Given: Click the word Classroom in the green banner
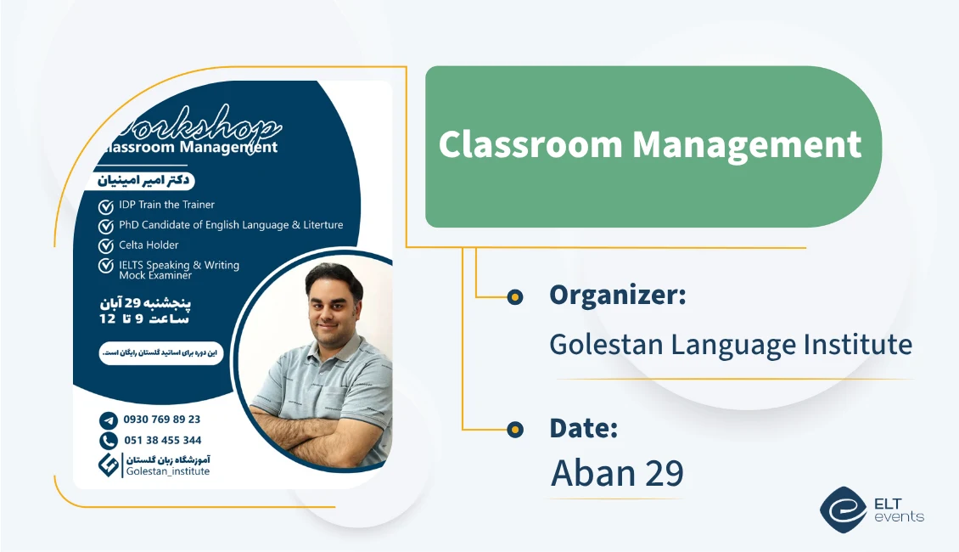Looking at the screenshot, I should [x=530, y=144].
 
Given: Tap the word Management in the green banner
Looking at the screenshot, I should [x=747, y=144].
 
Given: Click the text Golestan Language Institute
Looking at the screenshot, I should [x=731, y=344].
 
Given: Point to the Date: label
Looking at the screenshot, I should [x=583, y=428].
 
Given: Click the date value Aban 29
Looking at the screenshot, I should [x=617, y=473].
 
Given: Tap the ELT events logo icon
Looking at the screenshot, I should [x=844, y=509].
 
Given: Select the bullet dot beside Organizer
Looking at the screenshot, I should [x=514, y=296].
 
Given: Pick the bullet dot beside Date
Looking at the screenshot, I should [x=514, y=430].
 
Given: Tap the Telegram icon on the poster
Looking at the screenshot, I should [x=108, y=420].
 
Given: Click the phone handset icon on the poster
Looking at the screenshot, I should [x=108, y=441].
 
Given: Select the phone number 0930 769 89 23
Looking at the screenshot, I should [x=162, y=420].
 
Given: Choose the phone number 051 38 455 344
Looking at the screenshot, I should [x=162, y=441].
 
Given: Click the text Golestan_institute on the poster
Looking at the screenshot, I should [x=167, y=471].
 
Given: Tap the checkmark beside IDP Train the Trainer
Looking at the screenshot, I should [x=106, y=206].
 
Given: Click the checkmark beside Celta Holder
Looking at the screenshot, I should [x=106, y=246].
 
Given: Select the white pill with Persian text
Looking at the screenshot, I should [x=160, y=352].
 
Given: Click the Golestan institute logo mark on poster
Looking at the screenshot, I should [x=109, y=465].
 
